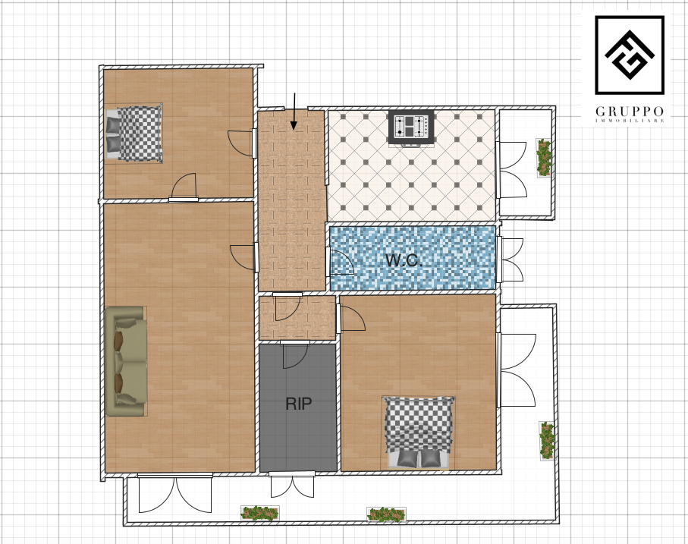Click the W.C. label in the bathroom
click(x=404, y=260)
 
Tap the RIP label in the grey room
click(x=298, y=404)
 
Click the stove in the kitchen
click(x=411, y=127)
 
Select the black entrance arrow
click(x=294, y=112)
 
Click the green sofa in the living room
click(x=126, y=361)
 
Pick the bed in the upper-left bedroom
click(x=134, y=134)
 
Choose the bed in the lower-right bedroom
click(x=419, y=432)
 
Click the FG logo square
click(x=629, y=55)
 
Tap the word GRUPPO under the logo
click(x=629, y=112)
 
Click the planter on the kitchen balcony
click(x=544, y=158)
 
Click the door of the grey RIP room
click(x=294, y=355)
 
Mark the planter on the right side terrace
click(x=547, y=441)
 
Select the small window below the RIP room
click(x=292, y=484)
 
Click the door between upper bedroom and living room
click(x=184, y=187)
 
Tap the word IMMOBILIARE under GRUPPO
click(x=629, y=120)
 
